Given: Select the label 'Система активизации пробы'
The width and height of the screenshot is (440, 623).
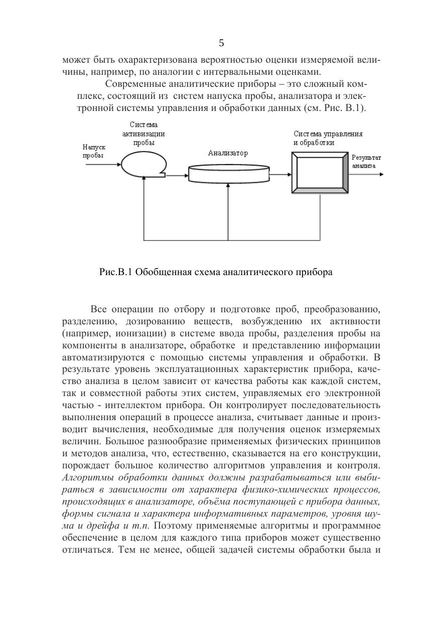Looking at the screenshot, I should [x=143, y=134].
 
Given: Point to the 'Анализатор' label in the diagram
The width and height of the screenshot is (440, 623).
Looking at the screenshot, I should [x=228, y=153].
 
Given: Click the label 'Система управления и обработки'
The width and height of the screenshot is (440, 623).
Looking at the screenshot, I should [x=328, y=138].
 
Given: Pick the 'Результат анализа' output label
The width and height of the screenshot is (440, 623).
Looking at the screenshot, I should [x=366, y=161].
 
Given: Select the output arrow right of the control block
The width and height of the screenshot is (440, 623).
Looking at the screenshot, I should [x=367, y=174].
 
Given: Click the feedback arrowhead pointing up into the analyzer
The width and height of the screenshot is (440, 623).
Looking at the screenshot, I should [x=228, y=186].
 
